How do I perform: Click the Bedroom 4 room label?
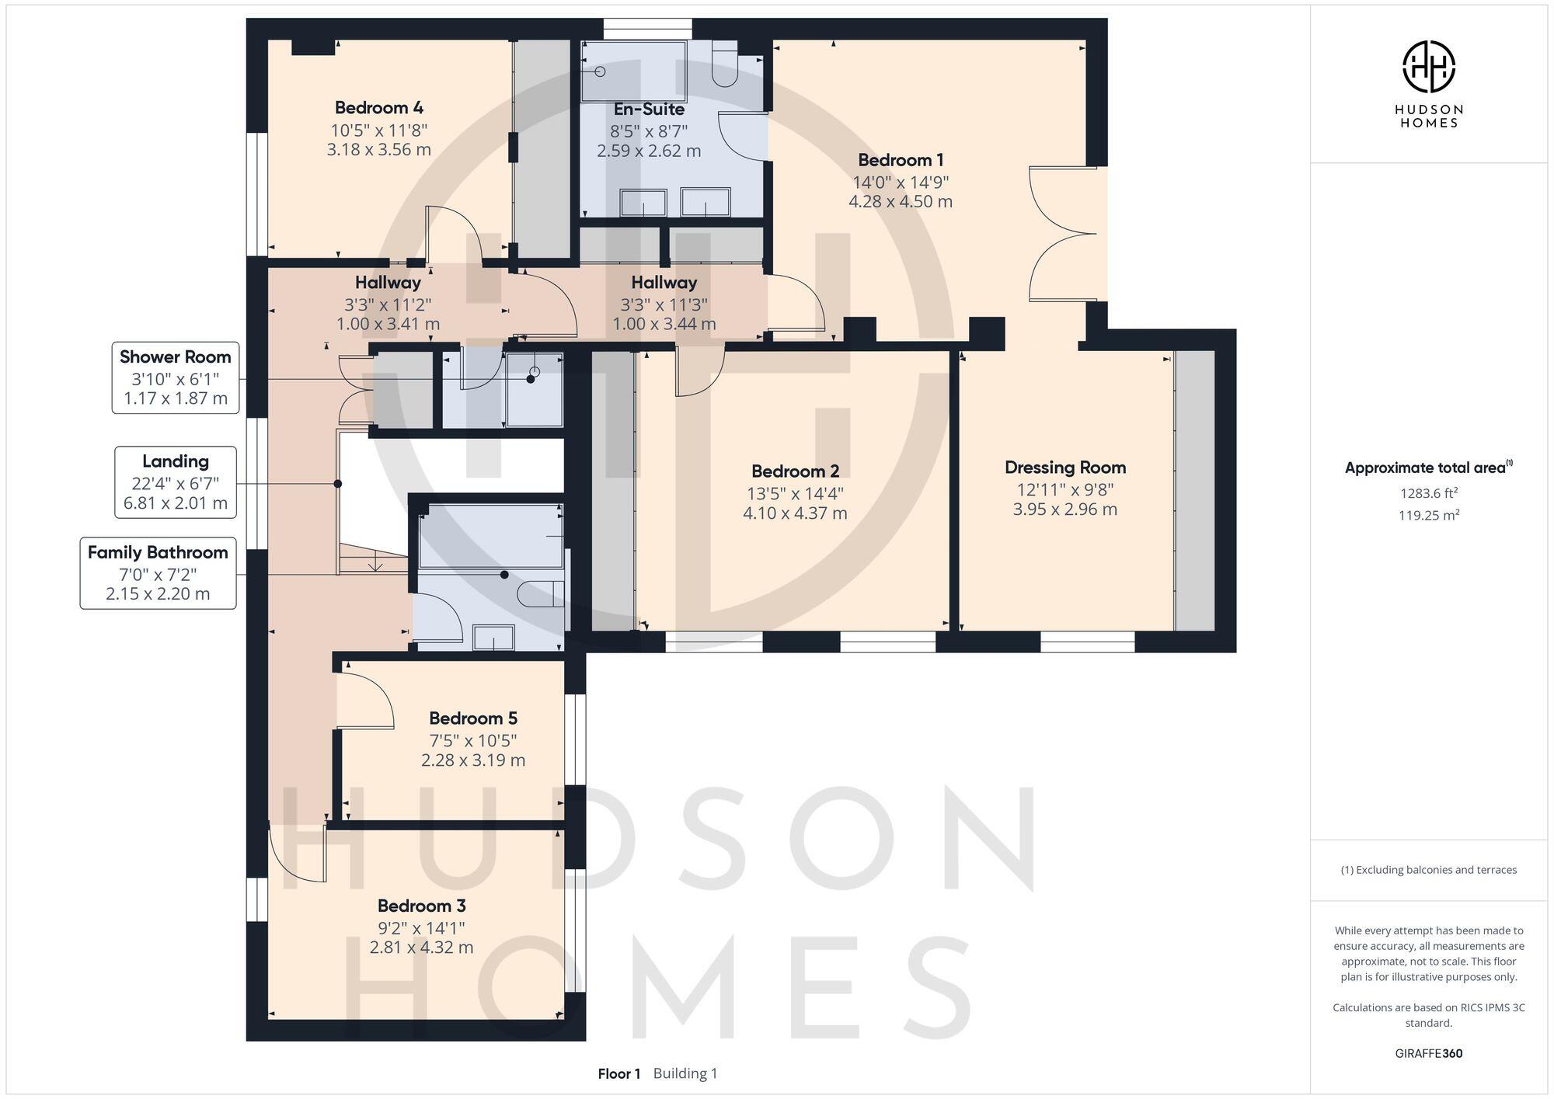378,108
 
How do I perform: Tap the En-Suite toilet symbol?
725,64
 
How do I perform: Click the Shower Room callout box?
176,377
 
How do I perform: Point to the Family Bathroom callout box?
158,573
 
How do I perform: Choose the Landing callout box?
176,482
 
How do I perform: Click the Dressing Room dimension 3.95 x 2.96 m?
1064,510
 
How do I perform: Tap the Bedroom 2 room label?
795,471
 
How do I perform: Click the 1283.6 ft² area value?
1428,493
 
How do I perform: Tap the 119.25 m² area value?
1428,516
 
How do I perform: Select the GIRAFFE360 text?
1428,1054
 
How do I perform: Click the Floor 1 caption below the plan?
618,1074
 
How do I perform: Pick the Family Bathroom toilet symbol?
540,594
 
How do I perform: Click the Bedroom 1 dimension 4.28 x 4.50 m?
900,201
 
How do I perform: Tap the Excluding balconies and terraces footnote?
1428,870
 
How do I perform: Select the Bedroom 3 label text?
421,906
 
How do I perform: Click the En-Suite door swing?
742,137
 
